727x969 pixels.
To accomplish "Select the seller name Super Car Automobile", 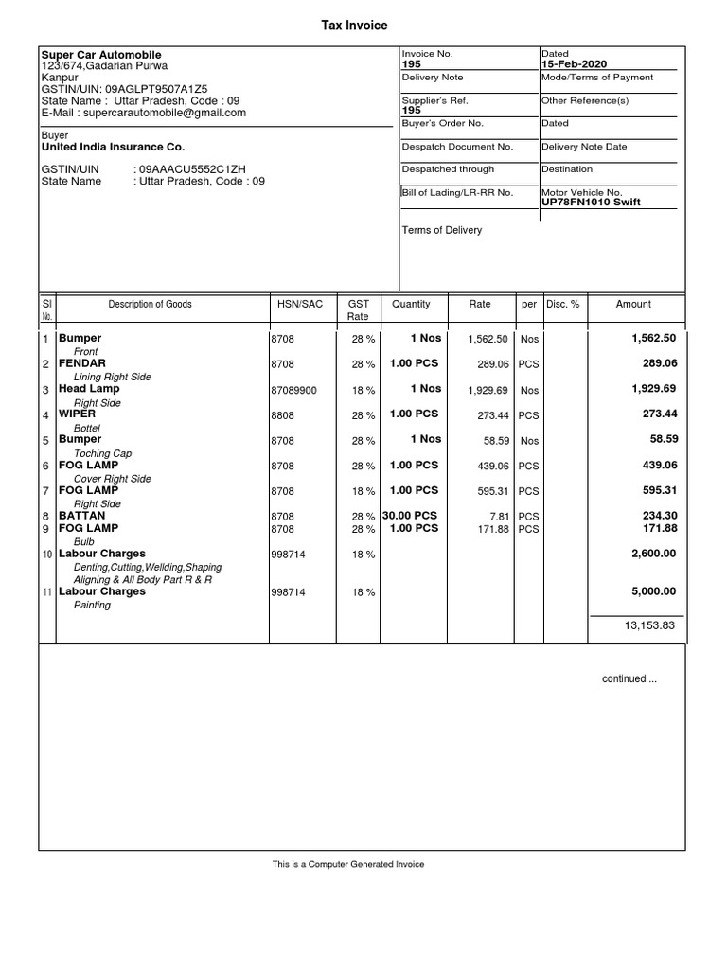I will pyautogui.click(x=101, y=56).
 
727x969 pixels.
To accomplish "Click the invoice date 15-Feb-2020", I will pyautogui.click(x=574, y=64).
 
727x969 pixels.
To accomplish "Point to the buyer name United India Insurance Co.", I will pyautogui.click(x=114, y=148).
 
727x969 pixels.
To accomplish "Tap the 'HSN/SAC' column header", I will pyautogui.click(x=300, y=305).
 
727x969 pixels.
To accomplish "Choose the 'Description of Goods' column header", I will pyautogui.click(x=150, y=305).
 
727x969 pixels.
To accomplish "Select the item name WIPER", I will pyautogui.click(x=79, y=414).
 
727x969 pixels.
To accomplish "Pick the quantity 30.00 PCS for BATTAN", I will pyautogui.click(x=410, y=516).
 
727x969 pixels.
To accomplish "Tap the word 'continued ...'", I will pyautogui.click(x=629, y=679).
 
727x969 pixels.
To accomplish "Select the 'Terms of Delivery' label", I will pyautogui.click(x=442, y=230).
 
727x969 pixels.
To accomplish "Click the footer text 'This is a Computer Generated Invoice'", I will pyautogui.click(x=348, y=864).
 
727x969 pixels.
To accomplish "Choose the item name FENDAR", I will pyautogui.click(x=82, y=363).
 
